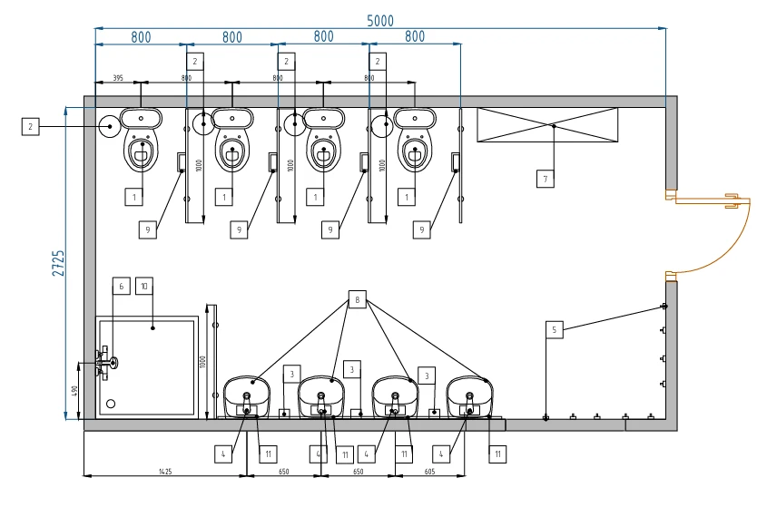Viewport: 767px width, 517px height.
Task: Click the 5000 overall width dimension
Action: (x=380, y=21)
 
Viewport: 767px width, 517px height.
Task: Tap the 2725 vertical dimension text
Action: (x=58, y=263)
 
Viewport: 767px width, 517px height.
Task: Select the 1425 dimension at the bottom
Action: (x=164, y=472)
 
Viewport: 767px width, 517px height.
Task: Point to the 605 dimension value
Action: (x=429, y=472)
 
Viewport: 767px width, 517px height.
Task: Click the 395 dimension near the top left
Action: (x=118, y=79)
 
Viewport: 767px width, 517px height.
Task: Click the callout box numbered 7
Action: (x=545, y=179)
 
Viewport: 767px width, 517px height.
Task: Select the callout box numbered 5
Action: (x=554, y=330)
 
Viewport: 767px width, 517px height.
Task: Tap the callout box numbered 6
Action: (x=121, y=287)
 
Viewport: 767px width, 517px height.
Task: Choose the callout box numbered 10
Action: (x=143, y=287)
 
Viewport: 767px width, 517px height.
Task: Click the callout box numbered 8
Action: (x=358, y=299)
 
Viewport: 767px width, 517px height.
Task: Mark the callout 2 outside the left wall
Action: (x=30, y=127)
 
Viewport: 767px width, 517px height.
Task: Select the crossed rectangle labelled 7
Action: (x=547, y=124)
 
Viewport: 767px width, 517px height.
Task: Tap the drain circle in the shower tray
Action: (x=111, y=403)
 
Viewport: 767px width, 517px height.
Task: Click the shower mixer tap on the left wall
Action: (x=108, y=364)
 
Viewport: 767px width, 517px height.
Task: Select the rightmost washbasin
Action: (x=469, y=393)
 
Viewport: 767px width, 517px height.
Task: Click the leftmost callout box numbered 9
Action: (x=147, y=230)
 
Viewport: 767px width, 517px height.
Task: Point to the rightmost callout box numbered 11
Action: (x=497, y=454)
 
